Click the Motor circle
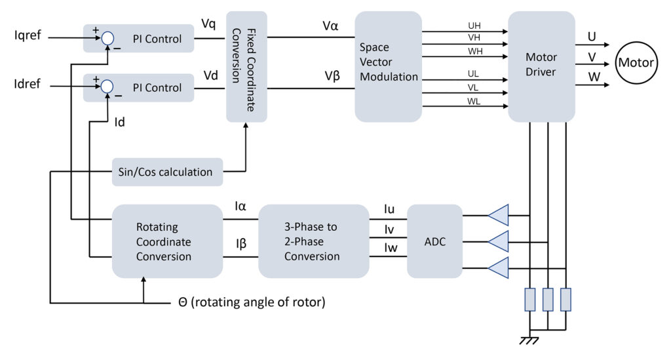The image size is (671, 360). [x=636, y=63]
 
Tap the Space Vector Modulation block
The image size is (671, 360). [x=388, y=66]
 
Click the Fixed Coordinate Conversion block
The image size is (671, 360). [x=246, y=66]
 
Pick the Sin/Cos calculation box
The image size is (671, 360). [x=167, y=172]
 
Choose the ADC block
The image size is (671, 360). [x=434, y=241]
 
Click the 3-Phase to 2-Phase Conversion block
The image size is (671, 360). [x=313, y=241]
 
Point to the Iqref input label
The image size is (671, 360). [x=28, y=35]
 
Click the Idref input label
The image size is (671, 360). [x=28, y=83]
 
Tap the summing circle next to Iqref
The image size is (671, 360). [x=107, y=39]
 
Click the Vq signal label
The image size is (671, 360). [x=208, y=24]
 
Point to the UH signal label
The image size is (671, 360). [x=474, y=26]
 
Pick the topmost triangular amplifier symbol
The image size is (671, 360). [x=499, y=215]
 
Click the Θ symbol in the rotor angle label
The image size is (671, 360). [x=183, y=303]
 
